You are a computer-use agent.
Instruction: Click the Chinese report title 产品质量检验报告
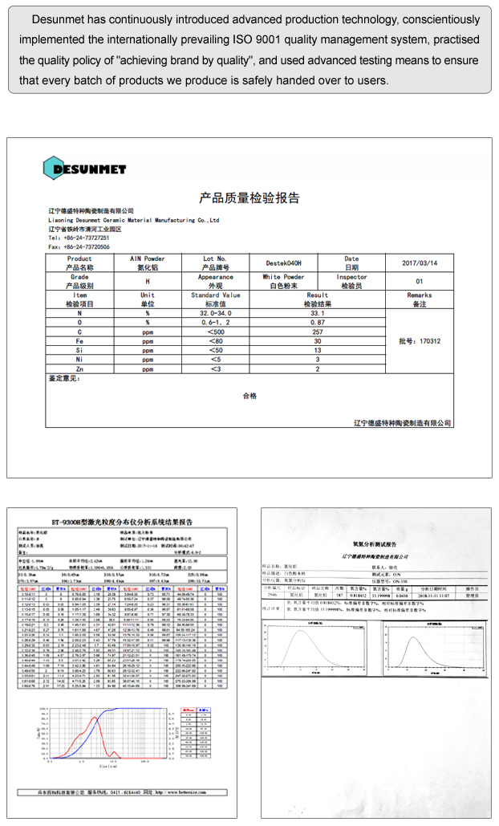pos(249,198)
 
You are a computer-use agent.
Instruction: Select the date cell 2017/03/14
pos(419,263)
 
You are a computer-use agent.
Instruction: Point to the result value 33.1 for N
pos(317,313)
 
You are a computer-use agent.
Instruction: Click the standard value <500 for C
pos(216,332)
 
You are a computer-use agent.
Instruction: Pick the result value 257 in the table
pos(317,332)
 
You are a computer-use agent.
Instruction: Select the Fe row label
pos(79,341)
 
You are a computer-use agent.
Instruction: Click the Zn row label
pos(79,369)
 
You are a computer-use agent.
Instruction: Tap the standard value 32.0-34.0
pos(216,313)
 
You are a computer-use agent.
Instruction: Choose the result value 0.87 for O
pos(317,322)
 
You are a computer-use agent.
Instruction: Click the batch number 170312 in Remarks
pos(420,341)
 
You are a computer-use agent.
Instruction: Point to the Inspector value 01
pos(419,282)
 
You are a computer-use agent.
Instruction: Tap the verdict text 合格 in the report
pos(249,396)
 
